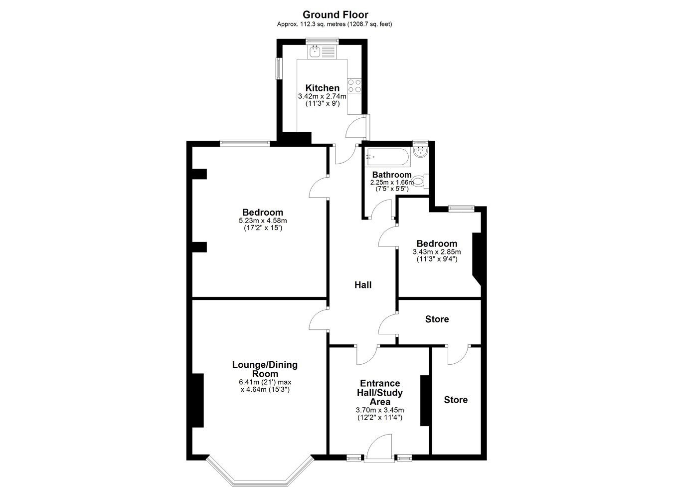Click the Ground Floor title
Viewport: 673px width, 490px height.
coord(336,14)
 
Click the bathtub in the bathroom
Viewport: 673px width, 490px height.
coord(387,157)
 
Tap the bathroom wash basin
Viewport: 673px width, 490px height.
coord(420,152)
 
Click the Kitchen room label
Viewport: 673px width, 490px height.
coord(323,88)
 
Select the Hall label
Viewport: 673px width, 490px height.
coord(363,285)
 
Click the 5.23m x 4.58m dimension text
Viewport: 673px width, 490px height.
coord(263,221)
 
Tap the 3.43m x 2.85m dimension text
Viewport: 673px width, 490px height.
coord(437,252)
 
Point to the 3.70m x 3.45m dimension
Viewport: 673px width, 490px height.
coord(380,410)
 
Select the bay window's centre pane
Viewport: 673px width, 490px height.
coord(261,484)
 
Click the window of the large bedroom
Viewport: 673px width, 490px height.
coord(245,143)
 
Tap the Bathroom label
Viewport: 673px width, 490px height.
coord(392,175)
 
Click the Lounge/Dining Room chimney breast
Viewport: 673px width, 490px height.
coord(198,400)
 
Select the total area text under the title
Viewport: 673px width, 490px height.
coord(335,24)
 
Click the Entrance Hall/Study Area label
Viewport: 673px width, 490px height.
coord(380,393)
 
